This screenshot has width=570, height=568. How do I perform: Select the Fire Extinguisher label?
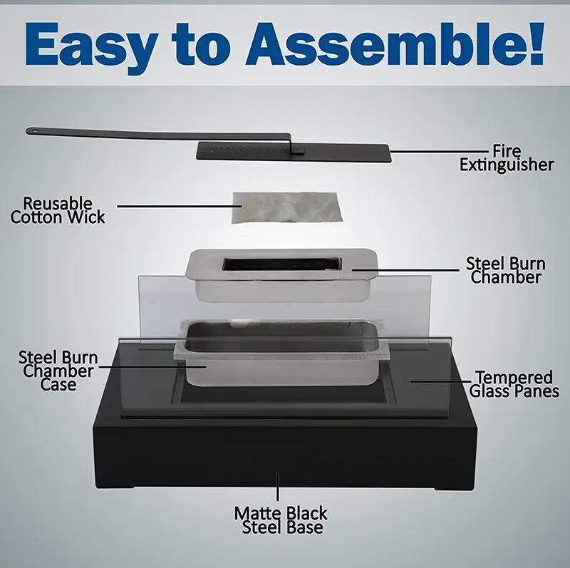[x=507, y=158]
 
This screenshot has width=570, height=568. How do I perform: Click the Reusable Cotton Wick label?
[x=58, y=210]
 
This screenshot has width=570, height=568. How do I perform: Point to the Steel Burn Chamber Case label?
[x=58, y=371]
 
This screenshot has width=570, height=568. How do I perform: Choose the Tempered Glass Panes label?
[x=514, y=384]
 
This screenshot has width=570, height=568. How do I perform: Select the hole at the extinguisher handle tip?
[x=31, y=130]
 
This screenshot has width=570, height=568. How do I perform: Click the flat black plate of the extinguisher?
[x=342, y=151]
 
